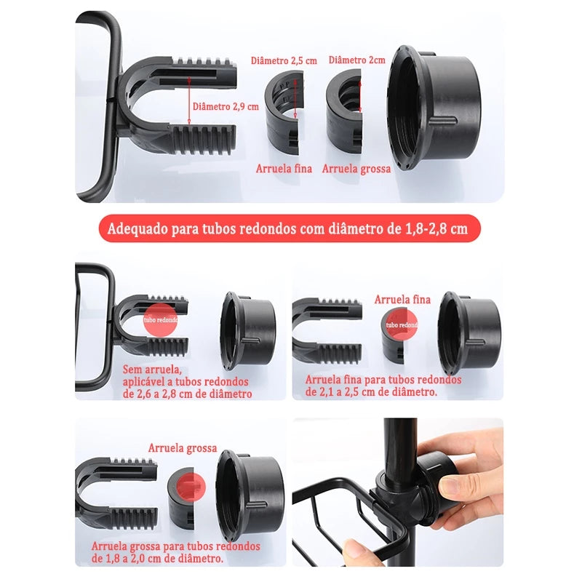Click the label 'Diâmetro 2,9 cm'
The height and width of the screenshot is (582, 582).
(226, 107)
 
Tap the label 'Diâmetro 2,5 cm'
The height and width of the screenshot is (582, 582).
(284, 60)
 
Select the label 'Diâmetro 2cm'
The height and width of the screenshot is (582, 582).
(356, 60)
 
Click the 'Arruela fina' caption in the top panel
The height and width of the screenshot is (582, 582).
(284, 169)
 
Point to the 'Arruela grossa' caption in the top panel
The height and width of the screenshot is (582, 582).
(356, 169)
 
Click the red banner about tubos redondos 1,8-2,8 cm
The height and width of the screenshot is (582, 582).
(290, 228)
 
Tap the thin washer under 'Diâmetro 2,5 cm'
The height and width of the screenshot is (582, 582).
(284, 113)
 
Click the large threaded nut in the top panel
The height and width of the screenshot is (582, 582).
(433, 108)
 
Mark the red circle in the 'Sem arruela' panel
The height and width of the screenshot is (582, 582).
(160, 319)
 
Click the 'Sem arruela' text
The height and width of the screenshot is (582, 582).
(152, 370)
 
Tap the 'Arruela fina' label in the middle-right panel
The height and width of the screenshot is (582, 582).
(402, 300)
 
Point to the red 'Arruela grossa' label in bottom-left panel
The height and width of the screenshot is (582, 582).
(183, 448)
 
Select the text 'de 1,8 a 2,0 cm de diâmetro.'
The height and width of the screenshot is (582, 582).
(158, 558)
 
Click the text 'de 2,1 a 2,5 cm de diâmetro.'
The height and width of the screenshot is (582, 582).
(371, 392)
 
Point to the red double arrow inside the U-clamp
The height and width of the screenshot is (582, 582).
(189, 100)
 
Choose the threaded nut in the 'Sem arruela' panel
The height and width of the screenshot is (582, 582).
(248, 331)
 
